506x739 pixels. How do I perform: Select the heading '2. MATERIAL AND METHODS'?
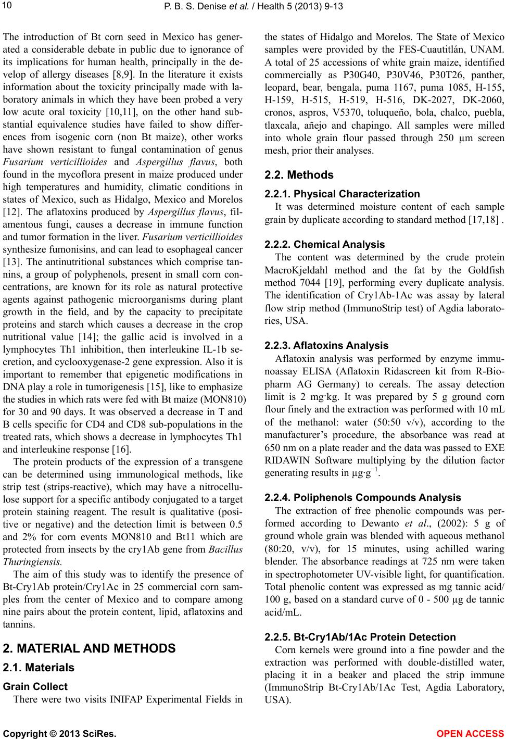point(89,648)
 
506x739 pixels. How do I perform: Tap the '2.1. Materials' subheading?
point(39,668)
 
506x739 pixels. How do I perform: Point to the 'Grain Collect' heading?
point(35,686)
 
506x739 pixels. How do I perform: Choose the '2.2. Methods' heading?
point(299,174)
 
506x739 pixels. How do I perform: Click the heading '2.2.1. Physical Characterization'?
point(342,194)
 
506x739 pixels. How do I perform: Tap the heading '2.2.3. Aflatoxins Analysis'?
point(326,345)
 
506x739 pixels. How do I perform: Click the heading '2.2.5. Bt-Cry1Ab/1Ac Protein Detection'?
point(360,637)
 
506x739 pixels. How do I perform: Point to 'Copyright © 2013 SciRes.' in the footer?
point(60,734)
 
